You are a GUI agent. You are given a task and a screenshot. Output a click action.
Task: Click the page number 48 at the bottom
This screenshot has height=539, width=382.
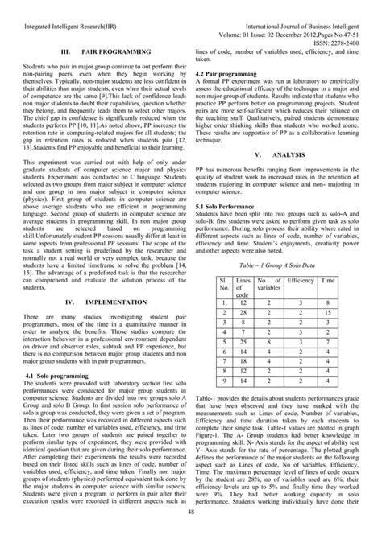(190, 531)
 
